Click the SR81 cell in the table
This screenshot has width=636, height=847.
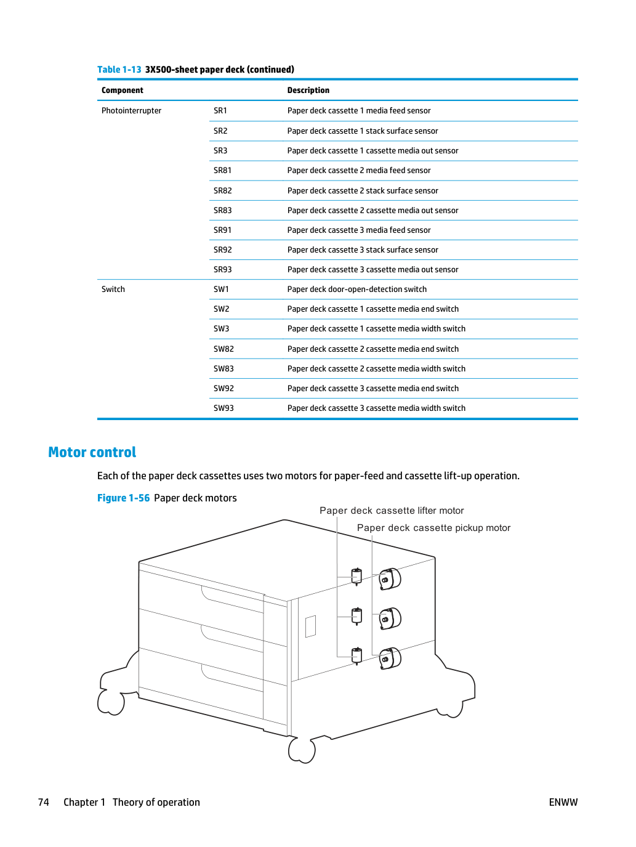[x=222, y=170]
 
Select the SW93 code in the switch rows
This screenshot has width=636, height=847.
[x=223, y=408]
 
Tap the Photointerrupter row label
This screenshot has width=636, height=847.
[x=131, y=110]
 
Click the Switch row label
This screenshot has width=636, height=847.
[x=113, y=289]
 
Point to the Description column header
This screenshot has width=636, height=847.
[x=308, y=90]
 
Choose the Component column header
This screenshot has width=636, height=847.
[x=123, y=91]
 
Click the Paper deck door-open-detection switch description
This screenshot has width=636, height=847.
[x=356, y=289]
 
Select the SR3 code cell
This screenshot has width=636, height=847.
[x=220, y=150]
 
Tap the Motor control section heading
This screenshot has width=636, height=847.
[x=92, y=452]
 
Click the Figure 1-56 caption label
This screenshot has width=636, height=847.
[x=123, y=498]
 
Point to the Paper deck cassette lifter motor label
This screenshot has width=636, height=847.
[x=392, y=511]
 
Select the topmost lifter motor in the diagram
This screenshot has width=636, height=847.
[x=356, y=577]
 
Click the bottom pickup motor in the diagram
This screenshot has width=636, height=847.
[x=390, y=658]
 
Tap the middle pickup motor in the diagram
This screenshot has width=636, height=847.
[x=390, y=618]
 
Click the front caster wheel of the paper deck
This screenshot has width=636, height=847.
[x=302, y=750]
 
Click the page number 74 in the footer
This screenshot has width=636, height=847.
[x=43, y=802]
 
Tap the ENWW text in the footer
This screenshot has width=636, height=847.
[x=563, y=802]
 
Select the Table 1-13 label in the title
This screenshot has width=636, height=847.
[x=119, y=70]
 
